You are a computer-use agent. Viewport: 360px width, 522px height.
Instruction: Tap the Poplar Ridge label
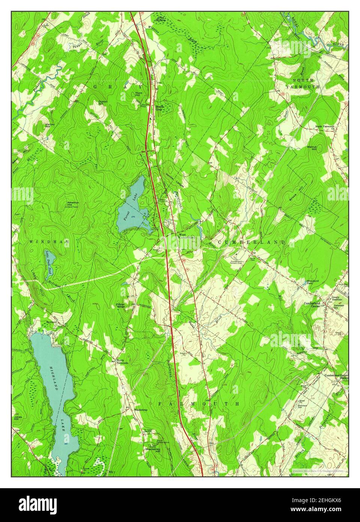pos(121,305)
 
